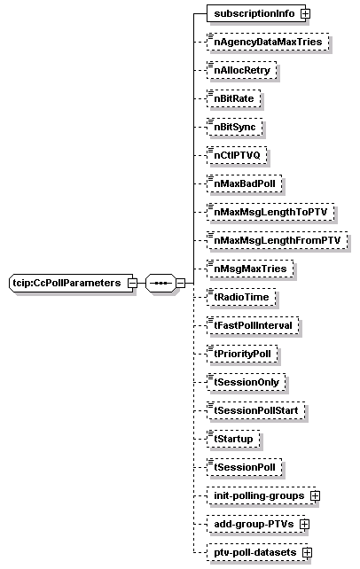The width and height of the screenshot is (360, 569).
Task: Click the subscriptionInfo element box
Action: click(256, 13)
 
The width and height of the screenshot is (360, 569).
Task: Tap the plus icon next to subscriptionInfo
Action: click(306, 14)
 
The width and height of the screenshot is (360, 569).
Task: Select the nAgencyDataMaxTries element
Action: click(268, 42)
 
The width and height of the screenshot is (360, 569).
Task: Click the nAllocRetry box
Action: click(242, 70)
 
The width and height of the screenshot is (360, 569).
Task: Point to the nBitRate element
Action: click(234, 98)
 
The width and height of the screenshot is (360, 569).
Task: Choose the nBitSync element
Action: click(235, 127)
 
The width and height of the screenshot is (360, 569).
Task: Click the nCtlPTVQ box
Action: click(237, 155)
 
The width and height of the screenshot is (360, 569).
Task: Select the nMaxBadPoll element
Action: click(244, 183)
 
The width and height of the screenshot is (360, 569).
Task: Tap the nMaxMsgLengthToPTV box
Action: click(270, 212)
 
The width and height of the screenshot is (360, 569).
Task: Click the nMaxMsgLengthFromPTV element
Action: click(278, 240)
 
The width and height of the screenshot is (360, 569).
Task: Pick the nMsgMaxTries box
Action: click(250, 269)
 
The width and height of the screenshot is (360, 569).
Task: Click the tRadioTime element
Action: click(241, 297)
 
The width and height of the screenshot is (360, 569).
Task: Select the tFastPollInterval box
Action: click(253, 325)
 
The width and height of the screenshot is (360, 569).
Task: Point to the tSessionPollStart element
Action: click(256, 410)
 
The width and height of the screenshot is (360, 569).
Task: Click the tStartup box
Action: click(233, 439)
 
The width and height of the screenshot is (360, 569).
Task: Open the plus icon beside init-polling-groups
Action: click(315, 495)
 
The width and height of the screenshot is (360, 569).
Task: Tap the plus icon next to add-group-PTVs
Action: click(304, 524)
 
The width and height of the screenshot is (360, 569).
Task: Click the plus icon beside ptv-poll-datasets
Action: click(307, 552)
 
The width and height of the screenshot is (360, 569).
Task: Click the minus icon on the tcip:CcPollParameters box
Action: click(133, 283)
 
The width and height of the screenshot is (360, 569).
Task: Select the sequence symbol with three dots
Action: click(160, 283)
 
